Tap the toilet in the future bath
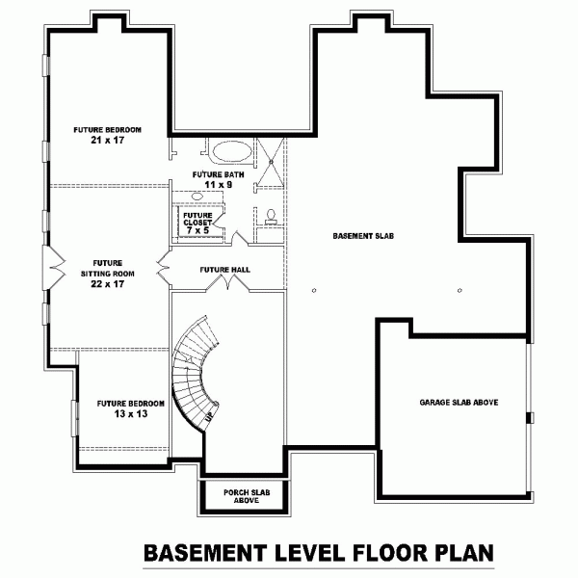[271, 217]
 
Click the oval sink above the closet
[197, 196]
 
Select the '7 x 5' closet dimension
[197, 231]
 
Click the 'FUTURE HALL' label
[225, 269]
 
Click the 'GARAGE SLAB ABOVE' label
[458, 402]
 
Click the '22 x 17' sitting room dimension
[107, 284]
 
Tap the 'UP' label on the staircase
[208, 417]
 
